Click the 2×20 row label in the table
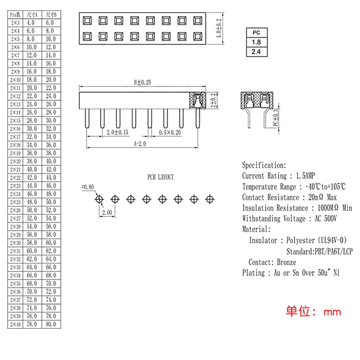click(x=16, y=161)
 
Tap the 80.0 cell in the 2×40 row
click(x=51, y=324)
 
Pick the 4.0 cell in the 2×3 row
click(x=32, y=23)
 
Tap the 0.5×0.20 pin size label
click(x=170, y=132)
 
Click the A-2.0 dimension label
click(x=141, y=143)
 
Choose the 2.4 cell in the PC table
click(x=256, y=52)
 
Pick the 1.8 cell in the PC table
click(x=256, y=42)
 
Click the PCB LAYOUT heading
click(x=160, y=177)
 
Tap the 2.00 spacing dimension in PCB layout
click(x=107, y=213)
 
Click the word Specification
click(x=263, y=166)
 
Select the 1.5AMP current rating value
click(x=305, y=176)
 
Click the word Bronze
click(x=287, y=262)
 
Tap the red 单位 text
click(x=298, y=311)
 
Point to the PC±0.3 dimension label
click(x=276, y=118)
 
